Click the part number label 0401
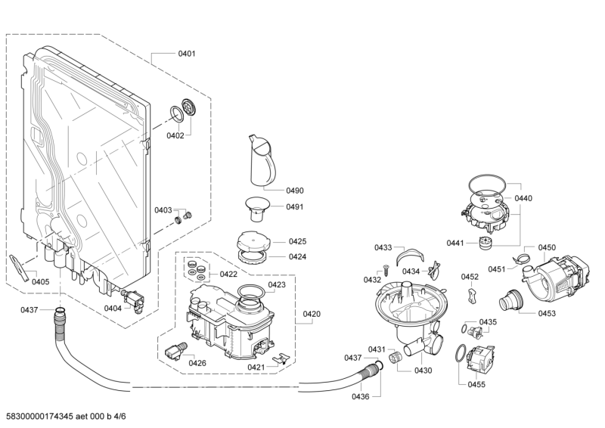pos(187,54)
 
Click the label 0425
pos(297,242)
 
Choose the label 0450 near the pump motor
pos(547,247)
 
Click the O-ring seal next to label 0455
pos(460,355)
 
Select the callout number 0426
pos(197,363)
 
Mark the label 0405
pos(40,282)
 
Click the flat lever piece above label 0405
pos(19,266)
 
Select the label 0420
pos(312,313)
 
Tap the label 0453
pos(547,313)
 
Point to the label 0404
pos(112,308)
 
